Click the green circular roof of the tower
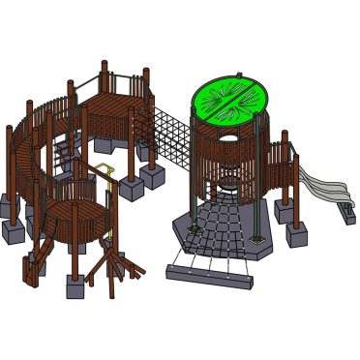pyautogui.click(x=230, y=102)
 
